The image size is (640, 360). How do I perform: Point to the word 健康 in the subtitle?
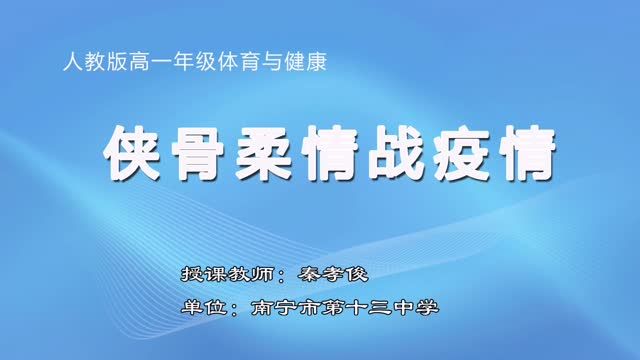[307, 63]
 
